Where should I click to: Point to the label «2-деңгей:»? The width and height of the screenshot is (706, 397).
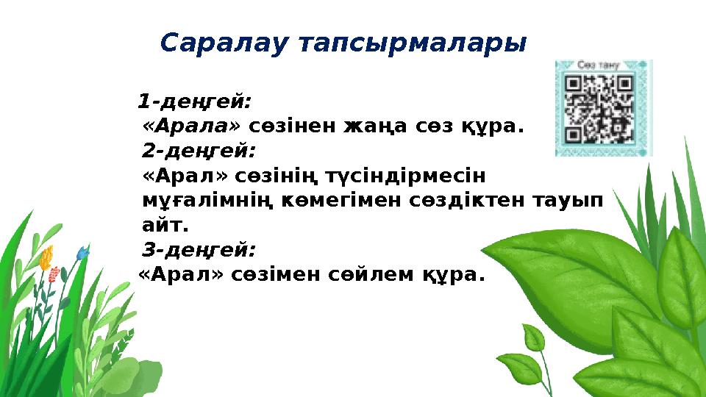[199, 151]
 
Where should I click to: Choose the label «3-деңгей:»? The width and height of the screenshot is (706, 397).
[199, 251]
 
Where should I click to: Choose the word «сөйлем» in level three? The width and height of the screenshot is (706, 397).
[373, 276]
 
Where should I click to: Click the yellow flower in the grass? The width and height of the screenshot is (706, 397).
[47, 257]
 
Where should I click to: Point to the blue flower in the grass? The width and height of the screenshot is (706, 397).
[82, 253]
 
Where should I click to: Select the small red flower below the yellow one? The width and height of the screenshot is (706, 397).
[53, 276]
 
